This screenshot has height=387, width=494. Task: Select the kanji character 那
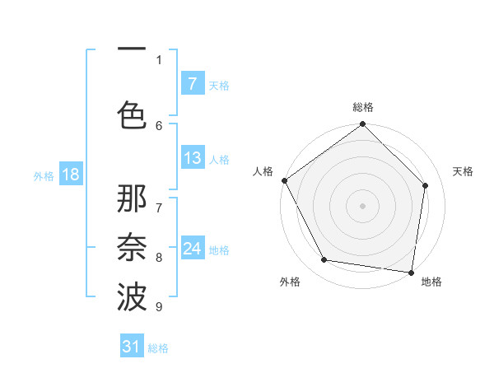[132, 200]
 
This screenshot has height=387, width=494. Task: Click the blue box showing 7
[192, 84]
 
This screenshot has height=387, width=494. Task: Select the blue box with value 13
[192, 158]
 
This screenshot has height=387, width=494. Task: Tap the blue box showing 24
[192, 249]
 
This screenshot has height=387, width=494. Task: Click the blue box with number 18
[70, 175]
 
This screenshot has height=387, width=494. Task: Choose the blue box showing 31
[132, 347]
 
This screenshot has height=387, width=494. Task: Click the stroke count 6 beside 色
[159, 125]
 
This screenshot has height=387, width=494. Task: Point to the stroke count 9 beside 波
[159, 307]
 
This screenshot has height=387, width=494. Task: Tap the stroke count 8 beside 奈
[159, 258]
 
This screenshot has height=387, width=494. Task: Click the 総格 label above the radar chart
[363, 107]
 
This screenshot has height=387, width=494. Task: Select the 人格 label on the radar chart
[263, 171]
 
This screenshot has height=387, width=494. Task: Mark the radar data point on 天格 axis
[426, 185]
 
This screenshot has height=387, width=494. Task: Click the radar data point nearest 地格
[411, 272]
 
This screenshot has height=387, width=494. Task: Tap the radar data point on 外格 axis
[324, 260]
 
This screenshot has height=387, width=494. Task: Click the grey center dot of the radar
[363, 206]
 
